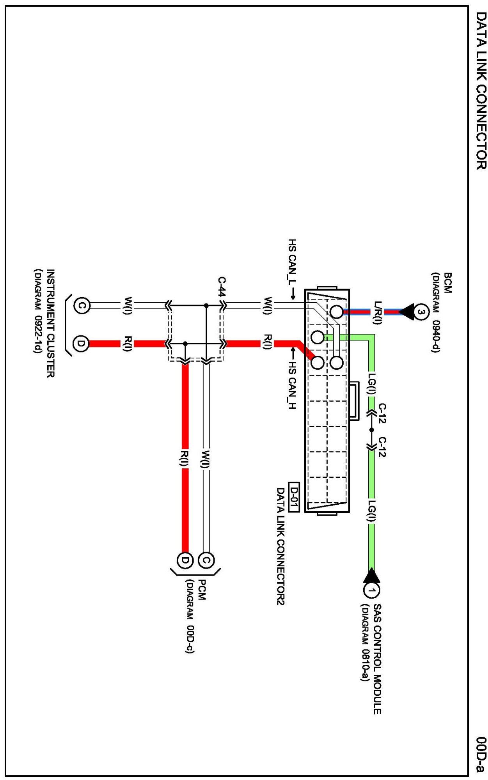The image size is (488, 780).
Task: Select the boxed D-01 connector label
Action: pos(294,497)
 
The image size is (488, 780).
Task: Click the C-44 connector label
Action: pos(222,287)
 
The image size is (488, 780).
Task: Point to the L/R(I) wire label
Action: pos(377,312)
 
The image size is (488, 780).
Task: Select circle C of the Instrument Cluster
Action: pos(82,305)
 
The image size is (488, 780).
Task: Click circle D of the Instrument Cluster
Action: pos(81,344)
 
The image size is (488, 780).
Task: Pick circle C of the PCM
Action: pos(206,560)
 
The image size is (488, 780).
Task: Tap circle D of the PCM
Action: pos(185,560)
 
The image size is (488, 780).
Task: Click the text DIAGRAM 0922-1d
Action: pos(38,310)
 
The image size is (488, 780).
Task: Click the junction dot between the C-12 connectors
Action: pos(372,430)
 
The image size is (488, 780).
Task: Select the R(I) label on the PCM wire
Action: pos(185,458)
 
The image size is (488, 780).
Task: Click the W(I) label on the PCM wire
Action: pos(206,459)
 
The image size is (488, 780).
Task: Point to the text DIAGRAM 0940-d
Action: pos(436,312)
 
